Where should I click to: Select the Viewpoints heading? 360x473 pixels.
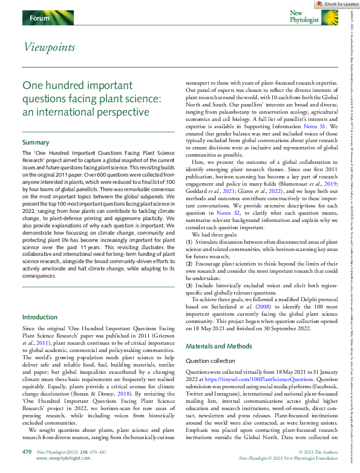(49, 47)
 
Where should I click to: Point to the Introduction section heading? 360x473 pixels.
(39, 317)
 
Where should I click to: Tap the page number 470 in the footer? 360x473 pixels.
(27, 452)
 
